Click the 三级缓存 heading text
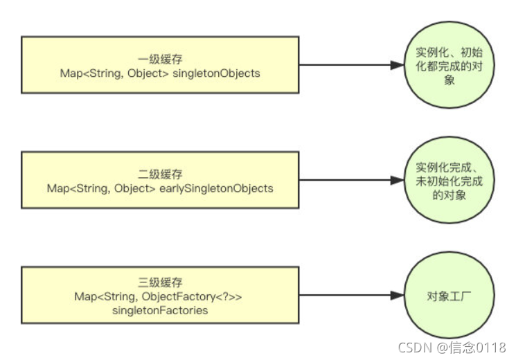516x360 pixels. coord(160,282)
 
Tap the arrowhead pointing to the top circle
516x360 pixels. coord(396,66)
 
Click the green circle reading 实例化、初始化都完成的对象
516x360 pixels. coord(441,66)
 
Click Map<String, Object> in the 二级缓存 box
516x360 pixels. coord(100,188)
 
